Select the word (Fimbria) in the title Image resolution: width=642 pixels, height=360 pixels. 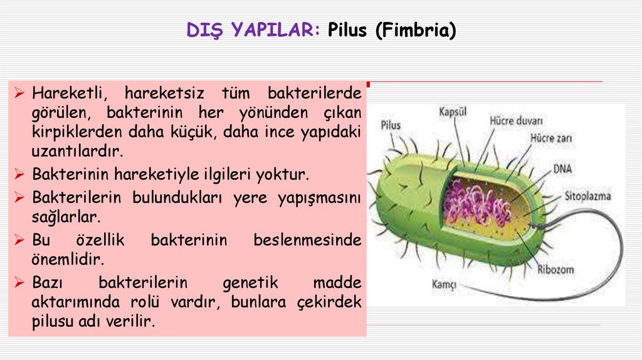(415, 30)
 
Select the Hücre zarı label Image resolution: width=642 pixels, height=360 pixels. (550, 137)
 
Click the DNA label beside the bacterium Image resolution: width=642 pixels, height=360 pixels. (562, 169)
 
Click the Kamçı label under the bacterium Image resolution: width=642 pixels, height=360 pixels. (444, 283)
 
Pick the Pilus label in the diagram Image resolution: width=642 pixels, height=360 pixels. (391, 125)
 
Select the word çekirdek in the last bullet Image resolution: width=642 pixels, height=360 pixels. (330, 302)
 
